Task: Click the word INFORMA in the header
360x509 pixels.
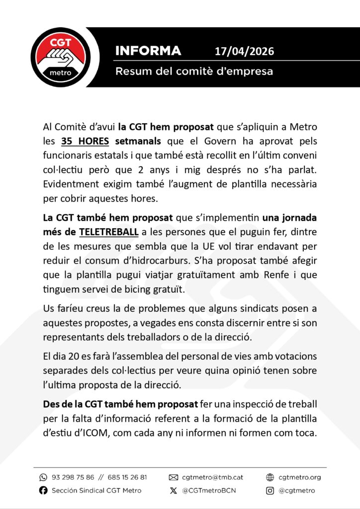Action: pyautogui.click(x=148, y=51)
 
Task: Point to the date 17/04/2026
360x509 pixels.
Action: pyautogui.click(x=244, y=51)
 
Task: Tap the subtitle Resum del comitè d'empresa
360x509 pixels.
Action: pyautogui.click(x=194, y=71)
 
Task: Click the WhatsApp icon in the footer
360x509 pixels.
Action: pyautogui.click(x=43, y=477)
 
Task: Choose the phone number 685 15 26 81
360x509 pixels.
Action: pyautogui.click(x=124, y=477)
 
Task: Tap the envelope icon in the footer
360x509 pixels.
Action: pyautogui.click(x=174, y=477)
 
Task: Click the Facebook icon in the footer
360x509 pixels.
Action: pyautogui.click(x=43, y=491)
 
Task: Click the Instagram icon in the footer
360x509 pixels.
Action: pyautogui.click(x=270, y=491)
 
